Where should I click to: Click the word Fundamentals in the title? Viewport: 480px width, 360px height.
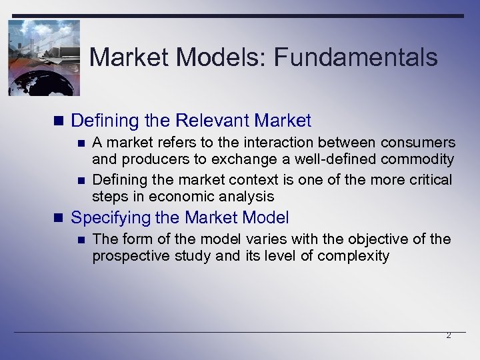(355, 57)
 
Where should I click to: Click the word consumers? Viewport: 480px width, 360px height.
(418, 143)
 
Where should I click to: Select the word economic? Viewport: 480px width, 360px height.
(178, 197)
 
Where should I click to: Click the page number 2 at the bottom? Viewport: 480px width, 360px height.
(448, 336)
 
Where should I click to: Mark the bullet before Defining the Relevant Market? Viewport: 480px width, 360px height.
(59, 121)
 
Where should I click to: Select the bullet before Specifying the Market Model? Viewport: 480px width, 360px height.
(59, 218)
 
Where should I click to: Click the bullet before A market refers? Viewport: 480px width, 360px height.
(81, 143)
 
